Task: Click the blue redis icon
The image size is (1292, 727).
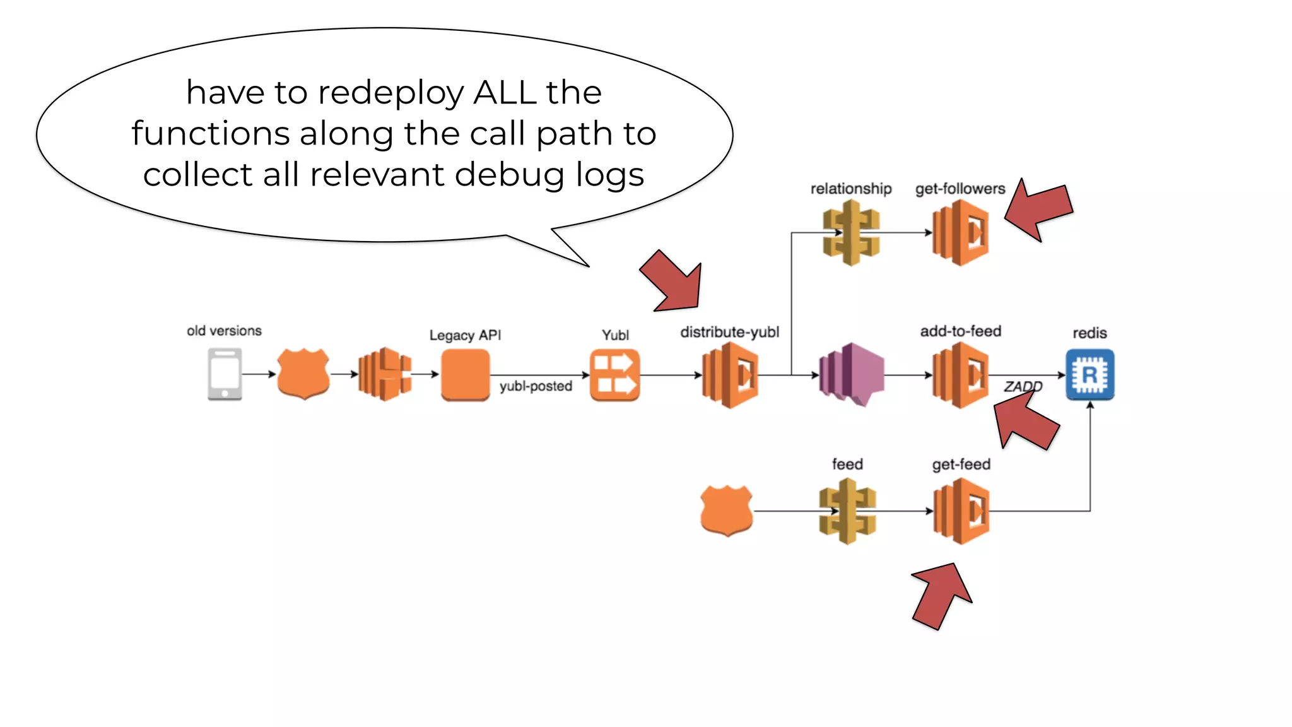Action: point(1089,375)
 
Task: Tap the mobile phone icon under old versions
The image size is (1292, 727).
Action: point(225,375)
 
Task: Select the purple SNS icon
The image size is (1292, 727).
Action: point(852,375)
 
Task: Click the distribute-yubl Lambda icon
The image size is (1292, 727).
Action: point(730,375)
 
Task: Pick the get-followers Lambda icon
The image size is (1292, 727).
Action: point(960,233)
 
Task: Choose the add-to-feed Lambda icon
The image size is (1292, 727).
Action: point(960,375)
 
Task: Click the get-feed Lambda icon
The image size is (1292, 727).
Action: point(961,511)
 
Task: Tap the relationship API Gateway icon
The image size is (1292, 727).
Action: point(851,233)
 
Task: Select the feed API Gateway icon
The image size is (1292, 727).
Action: point(847,511)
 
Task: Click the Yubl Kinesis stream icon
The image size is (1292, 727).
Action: point(614,375)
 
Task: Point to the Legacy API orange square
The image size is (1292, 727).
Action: point(466,375)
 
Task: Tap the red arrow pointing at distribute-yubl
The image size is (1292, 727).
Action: point(674,282)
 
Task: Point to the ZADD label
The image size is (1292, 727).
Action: point(1023,386)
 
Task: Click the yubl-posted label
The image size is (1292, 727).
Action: point(536,386)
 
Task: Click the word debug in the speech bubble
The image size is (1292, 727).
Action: point(509,175)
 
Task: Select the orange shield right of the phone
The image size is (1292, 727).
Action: point(303,374)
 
